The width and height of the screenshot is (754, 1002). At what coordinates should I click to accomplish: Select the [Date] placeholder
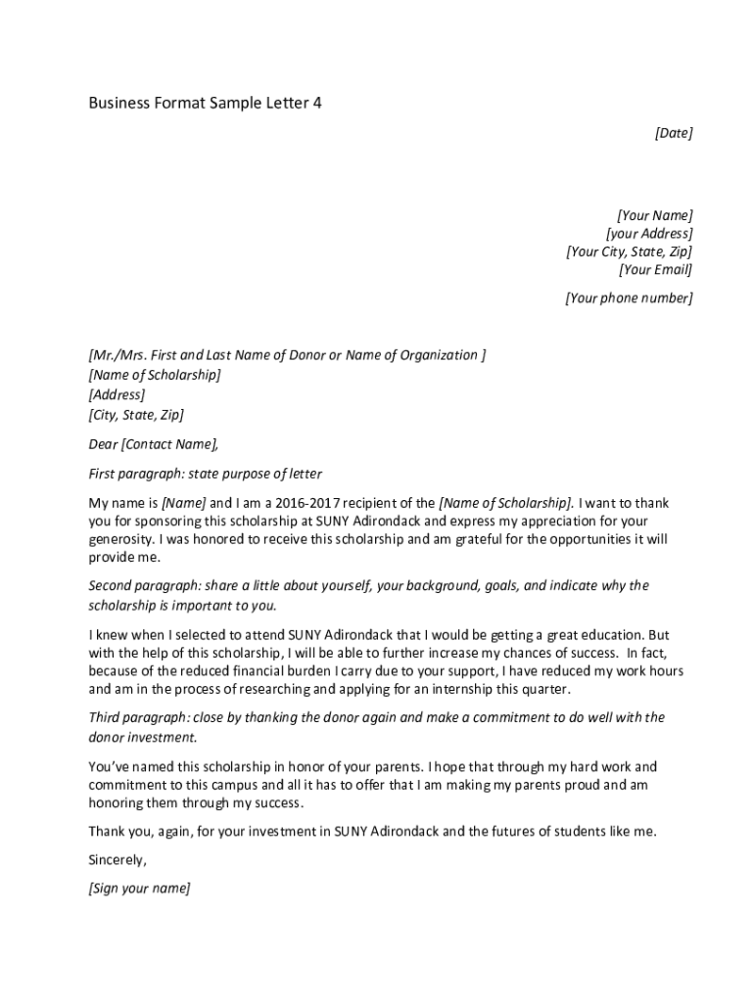tap(673, 133)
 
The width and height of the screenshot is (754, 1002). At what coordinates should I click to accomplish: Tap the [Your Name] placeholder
tap(654, 215)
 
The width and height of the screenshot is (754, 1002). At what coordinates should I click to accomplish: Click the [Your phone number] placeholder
tap(629, 298)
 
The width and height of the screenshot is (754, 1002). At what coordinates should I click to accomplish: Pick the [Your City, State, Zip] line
tap(629, 251)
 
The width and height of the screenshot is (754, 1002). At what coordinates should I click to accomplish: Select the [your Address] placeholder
tap(648, 234)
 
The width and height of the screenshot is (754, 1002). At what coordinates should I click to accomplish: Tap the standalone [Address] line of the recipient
tap(117, 395)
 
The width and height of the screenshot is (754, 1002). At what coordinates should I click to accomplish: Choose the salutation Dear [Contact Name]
tap(154, 444)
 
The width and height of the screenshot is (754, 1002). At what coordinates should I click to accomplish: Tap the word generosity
tap(120, 539)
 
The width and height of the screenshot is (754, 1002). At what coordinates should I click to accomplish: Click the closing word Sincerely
tap(118, 861)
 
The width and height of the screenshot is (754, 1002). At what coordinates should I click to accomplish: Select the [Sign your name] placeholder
tap(139, 889)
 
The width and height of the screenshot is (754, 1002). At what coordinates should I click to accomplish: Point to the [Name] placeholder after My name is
tap(183, 503)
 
